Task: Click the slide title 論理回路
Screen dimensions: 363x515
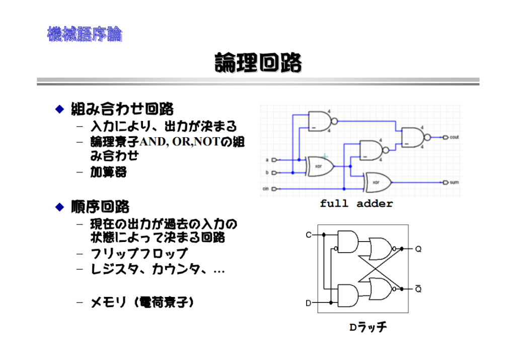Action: pos(258,63)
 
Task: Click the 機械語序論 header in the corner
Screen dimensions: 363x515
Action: pos(85,34)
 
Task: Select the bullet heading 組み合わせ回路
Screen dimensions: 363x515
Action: pos(122,108)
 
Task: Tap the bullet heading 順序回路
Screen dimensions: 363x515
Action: pos(100,207)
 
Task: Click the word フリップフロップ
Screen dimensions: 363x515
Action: pos(139,254)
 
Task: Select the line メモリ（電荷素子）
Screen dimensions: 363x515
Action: pos(142,302)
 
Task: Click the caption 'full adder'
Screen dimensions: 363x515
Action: pos(356,204)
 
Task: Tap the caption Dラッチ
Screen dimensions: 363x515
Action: pos(369,327)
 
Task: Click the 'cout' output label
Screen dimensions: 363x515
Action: pos(454,137)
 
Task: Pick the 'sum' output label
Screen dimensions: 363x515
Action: pos(454,183)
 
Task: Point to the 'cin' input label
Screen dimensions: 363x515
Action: pos(265,189)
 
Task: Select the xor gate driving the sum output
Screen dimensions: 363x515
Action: pos(378,182)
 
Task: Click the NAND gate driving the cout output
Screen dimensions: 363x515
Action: pos(413,137)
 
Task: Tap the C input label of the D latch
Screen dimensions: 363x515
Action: pos(309,234)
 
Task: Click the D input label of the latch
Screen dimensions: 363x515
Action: pos(309,303)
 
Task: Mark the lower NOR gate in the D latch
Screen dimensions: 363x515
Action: pos(382,288)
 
